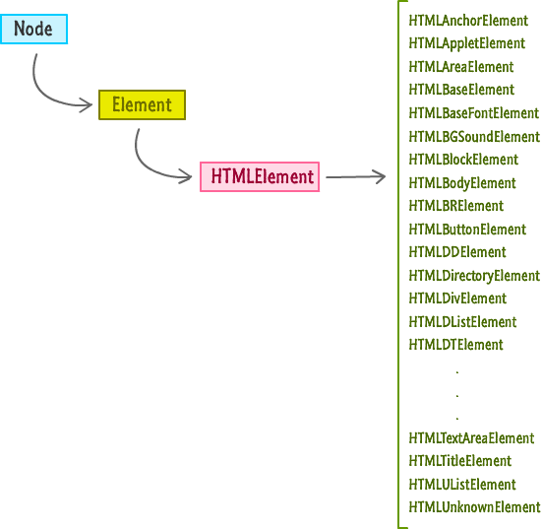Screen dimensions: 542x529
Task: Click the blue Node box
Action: (x=33, y=30)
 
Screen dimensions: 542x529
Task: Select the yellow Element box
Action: (x=142, y=104)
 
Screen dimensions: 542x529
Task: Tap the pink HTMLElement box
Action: (x=260, y=176)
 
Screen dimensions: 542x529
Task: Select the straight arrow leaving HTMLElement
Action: (x=355, y=176)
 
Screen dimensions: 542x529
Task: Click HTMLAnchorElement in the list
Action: (x=468, y=21)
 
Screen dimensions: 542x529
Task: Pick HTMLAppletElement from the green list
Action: (x=467, y=44)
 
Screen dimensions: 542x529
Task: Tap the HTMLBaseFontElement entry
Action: (x=474, y=113)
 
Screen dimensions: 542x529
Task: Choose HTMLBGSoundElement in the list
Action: (x=474, y=136)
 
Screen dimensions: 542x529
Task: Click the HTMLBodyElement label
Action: (x=462, y=183)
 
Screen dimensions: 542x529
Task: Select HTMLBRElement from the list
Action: (x=456, y=206)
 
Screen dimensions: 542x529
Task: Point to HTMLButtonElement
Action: (x=467, y=230)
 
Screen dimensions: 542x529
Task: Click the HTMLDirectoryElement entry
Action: (x=474, y=276)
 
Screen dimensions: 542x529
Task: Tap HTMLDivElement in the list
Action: (x=457, y=298)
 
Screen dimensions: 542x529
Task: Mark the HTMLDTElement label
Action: (x=456, y=345)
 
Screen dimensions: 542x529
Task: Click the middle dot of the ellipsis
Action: (x=457, y=396)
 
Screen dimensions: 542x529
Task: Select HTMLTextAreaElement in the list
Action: (x=471, y=438)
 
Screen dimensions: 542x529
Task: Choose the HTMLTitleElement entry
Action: (x=460, y=461)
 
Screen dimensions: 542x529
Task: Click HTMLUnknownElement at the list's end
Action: (x=474, y=507)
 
